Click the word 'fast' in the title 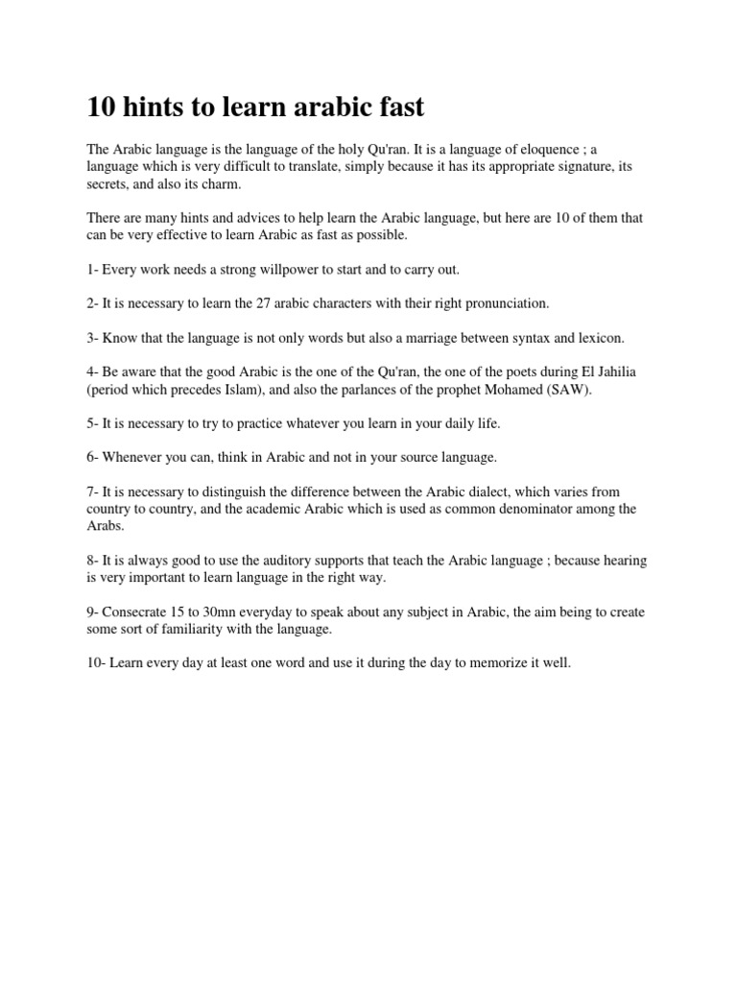tap(397, 108)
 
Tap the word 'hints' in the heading tap(158, 108)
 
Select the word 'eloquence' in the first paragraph tap(550, 151)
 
